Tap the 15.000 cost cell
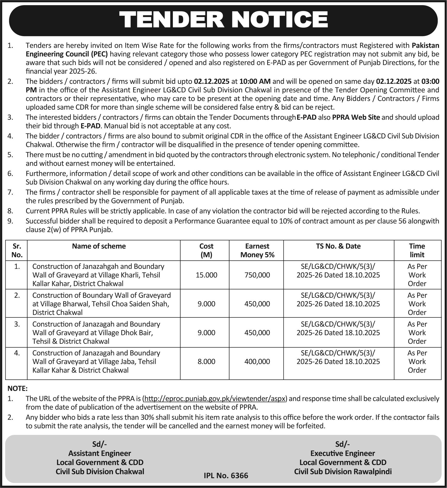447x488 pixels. point(206,275)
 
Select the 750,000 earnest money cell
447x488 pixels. point(257,275)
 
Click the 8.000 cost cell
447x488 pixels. point(206,361)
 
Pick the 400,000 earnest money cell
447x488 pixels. point(257,361)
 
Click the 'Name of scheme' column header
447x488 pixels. point(99,246)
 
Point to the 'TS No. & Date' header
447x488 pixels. point(338,246)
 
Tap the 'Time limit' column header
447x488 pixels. point(417,250)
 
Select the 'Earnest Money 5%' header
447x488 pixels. point(257,250)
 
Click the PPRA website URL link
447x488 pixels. point(215,398)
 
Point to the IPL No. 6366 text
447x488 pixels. point(226,475)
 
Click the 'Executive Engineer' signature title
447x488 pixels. point(342,453)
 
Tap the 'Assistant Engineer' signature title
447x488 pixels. point(100,453)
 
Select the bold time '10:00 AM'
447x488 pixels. point(255,82)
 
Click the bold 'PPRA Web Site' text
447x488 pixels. point(356,117)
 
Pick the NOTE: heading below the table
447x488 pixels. point(17,388)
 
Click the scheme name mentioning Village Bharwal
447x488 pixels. point(101,304)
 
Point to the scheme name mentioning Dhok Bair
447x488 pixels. point(96,333)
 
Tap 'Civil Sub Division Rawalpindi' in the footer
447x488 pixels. point(343,471)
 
